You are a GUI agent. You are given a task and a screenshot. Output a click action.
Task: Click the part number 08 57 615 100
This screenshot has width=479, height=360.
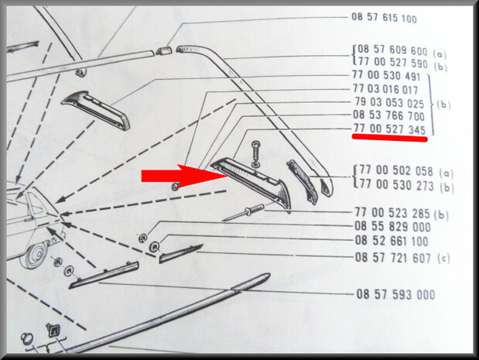click(x=384, y=18)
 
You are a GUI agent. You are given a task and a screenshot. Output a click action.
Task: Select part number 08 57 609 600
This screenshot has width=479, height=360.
click(x=392, y=50)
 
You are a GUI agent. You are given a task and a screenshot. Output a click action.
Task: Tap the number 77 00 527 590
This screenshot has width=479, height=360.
click(x=392, y=63)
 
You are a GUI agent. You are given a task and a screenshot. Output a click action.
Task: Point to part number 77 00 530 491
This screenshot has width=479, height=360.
click(x=386, y=76)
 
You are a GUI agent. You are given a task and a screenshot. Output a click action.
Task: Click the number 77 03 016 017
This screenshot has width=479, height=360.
click(x=385, y=89)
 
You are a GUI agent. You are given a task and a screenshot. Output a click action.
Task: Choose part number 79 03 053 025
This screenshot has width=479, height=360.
click(x=389, y=103)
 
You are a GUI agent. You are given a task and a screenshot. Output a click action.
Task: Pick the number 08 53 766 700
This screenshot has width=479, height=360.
click(x=389, y=115)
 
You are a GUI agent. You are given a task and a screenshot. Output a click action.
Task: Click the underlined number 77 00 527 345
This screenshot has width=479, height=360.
click(x=389, y=129)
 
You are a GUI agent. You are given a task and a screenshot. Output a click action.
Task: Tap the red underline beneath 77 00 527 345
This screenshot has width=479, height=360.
click(x=390, y=139)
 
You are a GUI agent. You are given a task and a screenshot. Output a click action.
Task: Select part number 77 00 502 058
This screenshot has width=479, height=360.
click(x=396, y=171)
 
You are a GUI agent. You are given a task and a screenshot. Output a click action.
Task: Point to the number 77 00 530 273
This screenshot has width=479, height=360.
click(x=396, y=185)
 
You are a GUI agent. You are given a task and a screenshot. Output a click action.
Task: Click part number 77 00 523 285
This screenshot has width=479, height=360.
click(x=392, y=213)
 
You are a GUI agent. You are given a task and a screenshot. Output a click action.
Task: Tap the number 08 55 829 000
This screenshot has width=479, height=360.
click(x=392, y=227)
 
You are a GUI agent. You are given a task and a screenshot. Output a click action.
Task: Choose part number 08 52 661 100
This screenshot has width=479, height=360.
click(x=392, y=241)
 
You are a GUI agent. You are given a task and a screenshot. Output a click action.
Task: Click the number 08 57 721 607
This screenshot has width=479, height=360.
click(x=393, y=258)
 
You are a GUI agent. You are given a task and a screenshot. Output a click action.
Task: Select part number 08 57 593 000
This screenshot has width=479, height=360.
click(x=395, y=294)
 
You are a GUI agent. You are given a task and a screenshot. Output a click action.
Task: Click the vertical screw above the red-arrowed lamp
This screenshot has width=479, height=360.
click(x=256, y=154)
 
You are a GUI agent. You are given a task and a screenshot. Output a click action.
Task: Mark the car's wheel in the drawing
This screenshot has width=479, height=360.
click(x=34, y=254)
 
